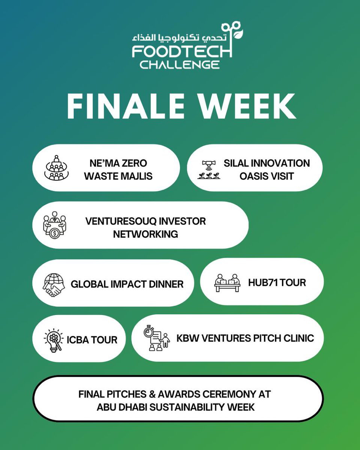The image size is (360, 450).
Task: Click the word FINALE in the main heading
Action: [126, 106]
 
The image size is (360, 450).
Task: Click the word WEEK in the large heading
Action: [247, 106]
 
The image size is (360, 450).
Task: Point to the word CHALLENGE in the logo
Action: [180, 64]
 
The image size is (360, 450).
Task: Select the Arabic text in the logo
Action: [179, 37]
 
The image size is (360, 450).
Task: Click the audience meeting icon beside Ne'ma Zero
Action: [57, 168]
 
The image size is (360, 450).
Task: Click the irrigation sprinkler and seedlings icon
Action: [209, 169]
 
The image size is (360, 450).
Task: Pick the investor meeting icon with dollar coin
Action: [55, 225]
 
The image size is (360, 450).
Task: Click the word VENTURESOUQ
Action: [122, 221]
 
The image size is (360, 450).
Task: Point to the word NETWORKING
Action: [145, 234]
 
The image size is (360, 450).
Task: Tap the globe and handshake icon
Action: [54, 285]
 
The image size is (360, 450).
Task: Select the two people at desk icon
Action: [227, 283]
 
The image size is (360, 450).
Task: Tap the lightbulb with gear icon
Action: [54, 340]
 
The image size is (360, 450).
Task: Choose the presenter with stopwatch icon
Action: [157, 338]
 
